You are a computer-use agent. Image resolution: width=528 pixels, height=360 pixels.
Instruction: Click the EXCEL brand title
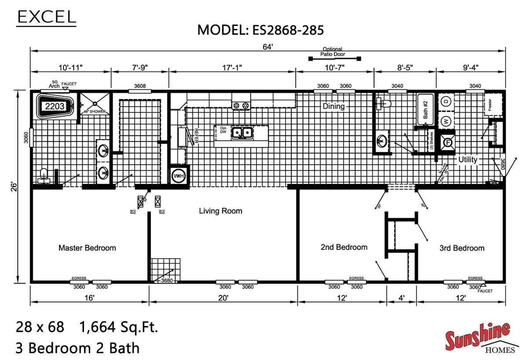click(x=46, y=16)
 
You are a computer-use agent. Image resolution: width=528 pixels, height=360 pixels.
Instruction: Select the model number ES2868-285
click(x=261, y=30)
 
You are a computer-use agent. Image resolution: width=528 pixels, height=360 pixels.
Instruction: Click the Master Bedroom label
click(x=87, y=248)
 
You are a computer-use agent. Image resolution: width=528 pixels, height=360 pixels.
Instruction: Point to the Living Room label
click(x=220, y=211)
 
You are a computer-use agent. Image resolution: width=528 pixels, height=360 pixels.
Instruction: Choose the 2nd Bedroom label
click(x=344, y=247)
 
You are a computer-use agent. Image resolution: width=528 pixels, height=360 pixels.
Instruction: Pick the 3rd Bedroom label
click(x=462, y=248)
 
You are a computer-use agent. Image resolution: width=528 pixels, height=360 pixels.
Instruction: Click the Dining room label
click(x=334, y=106)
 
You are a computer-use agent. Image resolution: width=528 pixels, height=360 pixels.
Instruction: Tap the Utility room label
click(x=468, y=159)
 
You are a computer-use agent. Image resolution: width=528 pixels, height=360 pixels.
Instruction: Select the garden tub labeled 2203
click(x=54, y=106)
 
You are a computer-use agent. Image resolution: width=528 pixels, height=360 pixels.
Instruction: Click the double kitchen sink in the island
click(x=241, y=132)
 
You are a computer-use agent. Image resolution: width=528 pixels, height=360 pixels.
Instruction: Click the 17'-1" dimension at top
click(x=232, y=67)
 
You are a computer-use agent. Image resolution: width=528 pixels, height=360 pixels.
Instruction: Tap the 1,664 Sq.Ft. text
click(x=118, y=327)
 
